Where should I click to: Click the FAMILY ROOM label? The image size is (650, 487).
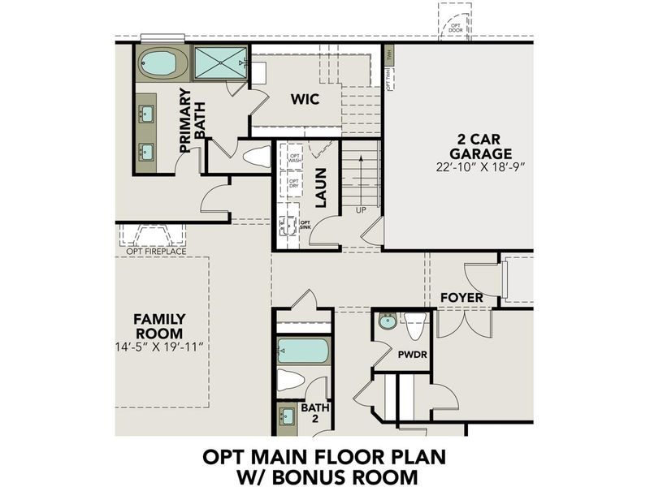159,326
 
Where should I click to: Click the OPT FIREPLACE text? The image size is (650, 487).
156,252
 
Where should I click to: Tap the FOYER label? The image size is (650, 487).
461,298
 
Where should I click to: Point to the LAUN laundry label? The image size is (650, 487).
320,187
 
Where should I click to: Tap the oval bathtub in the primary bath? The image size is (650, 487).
162,62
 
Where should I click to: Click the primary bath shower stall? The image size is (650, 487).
221,62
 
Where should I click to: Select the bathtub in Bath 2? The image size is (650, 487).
303,351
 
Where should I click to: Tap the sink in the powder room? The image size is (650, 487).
388,321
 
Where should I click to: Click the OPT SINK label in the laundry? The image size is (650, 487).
305,225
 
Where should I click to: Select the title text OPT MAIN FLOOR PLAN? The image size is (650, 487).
324,456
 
